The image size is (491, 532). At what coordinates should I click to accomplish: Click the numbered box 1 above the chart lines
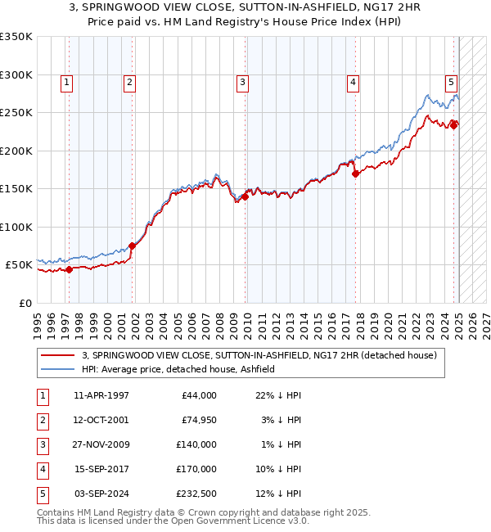point(65,81)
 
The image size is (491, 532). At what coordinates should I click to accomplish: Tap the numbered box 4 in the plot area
point(352,81)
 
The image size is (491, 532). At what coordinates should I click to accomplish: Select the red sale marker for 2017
point(356,174)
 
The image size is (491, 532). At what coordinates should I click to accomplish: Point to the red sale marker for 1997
point(69,269)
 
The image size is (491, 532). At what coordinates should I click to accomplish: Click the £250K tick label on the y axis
point(16,113)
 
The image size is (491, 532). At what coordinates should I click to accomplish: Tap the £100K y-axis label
point(16,227)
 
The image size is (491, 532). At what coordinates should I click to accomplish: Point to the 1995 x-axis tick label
point(38,325)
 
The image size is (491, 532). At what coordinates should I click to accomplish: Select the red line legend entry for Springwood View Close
point(259,355)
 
